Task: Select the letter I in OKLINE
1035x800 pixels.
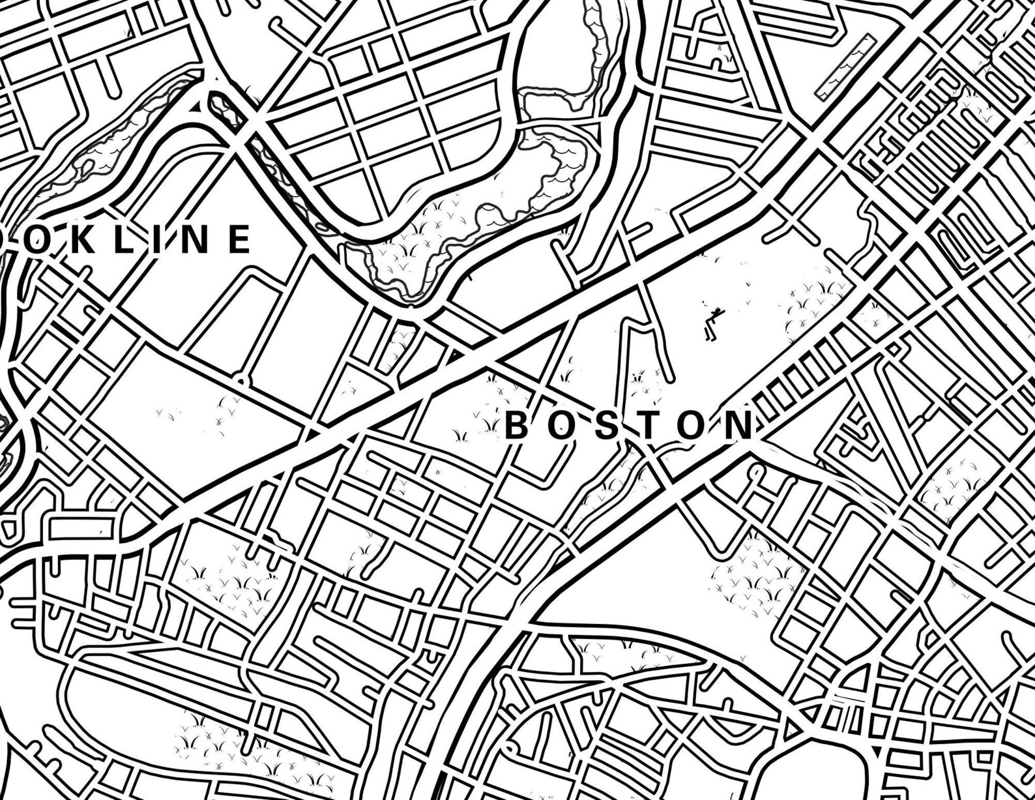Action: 155,239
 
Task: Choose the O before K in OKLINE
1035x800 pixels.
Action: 34,239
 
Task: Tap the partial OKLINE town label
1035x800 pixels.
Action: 130,239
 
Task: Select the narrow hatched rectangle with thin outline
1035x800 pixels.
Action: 845,67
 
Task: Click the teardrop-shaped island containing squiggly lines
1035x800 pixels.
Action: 222,107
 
